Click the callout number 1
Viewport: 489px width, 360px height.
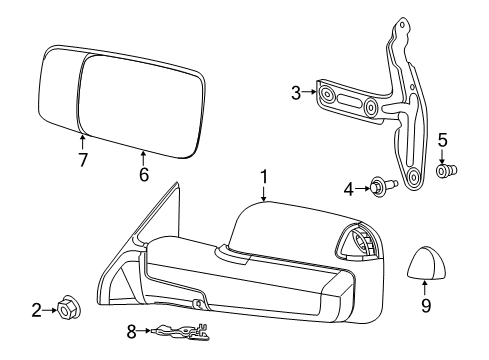click(x=264, y=177)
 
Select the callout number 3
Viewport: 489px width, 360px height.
click(x=296, y=94)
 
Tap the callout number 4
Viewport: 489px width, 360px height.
click(x=349, y=187)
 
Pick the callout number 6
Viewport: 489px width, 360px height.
click(x=143, y=175)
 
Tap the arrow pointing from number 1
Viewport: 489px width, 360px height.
click(x=264, y=194)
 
